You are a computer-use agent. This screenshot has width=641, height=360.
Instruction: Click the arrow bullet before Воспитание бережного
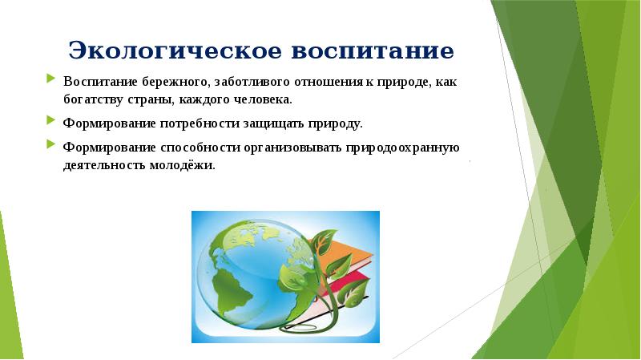click(x=50, y=80)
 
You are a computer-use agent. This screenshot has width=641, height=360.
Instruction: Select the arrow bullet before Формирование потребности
click(x=50, y=123)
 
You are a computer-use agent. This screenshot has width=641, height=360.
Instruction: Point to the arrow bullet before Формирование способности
click(x=50, y=146)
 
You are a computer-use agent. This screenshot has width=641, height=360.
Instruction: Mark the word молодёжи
click(x=188, y=167)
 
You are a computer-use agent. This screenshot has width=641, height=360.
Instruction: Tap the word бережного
click(x=167, y=83)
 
